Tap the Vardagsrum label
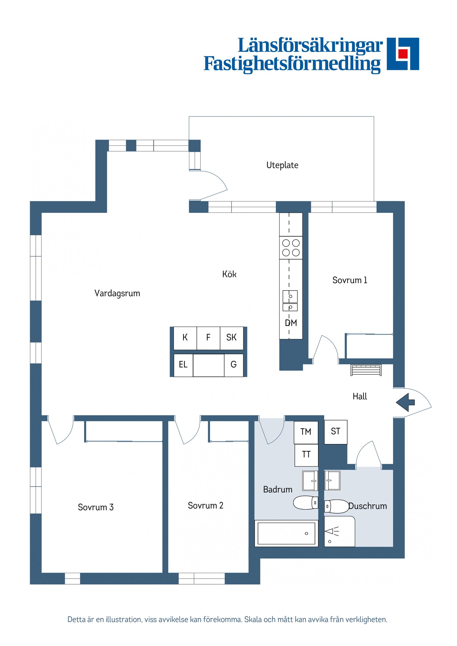pos(117,293)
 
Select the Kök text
pos(229,274)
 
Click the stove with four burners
pos(291,248)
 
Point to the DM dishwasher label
pos(291,323)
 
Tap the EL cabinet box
pos(183,365)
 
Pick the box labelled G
pos(233,365)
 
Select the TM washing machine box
pos(306,432)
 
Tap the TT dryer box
pos(306,455)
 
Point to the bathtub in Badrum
pos(286,533)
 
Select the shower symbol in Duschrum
pos(332,532)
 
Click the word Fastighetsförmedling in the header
pos(292,64)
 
